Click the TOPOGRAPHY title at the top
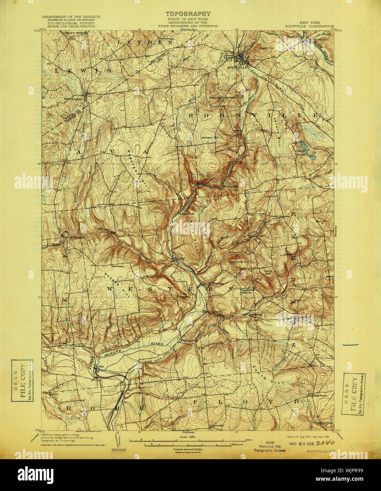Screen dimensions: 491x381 pos(188,14)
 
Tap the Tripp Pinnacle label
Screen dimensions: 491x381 pos(183,295)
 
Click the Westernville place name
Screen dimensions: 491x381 pos(188,341)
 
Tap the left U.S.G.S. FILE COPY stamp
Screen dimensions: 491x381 pos(23,380)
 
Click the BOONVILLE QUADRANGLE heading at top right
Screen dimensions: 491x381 pos(310,26)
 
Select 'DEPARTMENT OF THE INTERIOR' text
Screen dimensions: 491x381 pos(71,17)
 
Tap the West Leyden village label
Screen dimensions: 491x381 pos(73,99)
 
